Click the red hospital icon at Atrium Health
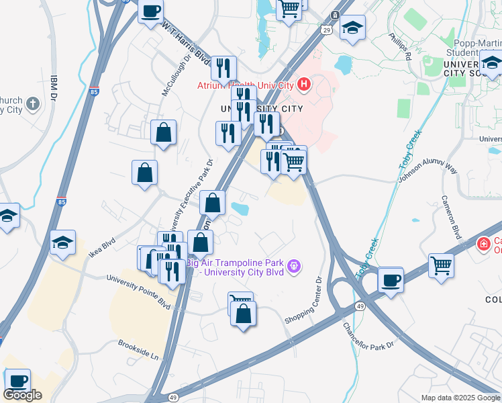tap(304, 85)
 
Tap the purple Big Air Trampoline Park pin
tap(293, 267)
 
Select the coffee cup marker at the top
tap(150, 10)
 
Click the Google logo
tap(23, 395)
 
